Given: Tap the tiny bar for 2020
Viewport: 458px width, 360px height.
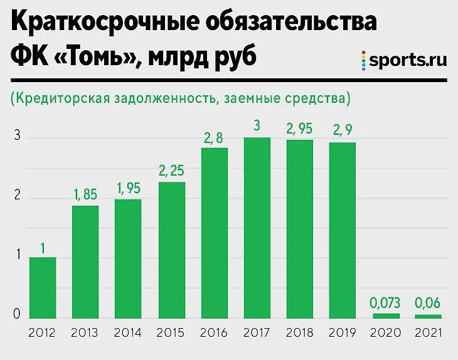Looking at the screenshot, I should tap(385, 315).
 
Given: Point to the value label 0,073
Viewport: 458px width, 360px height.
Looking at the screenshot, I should tap(385, 303).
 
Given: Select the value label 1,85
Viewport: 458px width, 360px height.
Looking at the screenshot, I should tap(85, 195).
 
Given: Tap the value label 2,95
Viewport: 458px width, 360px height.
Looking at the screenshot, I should tap(299, 129).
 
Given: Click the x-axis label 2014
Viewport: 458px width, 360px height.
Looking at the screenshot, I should tap(128, 332).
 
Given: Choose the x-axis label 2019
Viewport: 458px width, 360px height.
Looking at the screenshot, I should tap(343, 332).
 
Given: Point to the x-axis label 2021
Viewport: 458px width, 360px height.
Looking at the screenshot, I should tap(429, 332).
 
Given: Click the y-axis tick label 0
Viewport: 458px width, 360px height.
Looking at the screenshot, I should tap(18, 314).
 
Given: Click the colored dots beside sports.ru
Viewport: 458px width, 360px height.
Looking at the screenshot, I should tap(363, 60).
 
